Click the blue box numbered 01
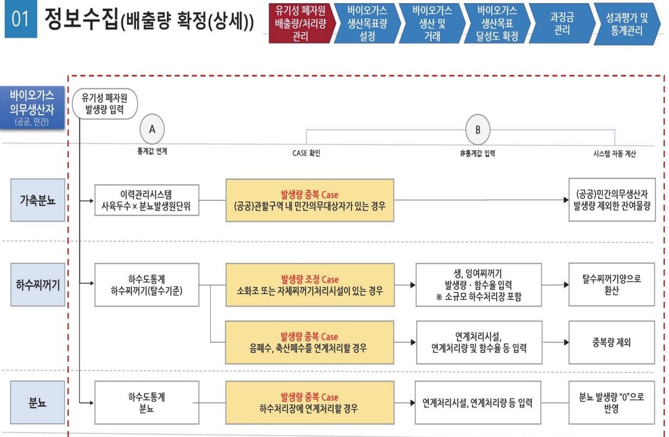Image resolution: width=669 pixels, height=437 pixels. tap(20, 20)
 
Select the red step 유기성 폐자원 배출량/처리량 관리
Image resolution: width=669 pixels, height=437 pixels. tap(299, 24)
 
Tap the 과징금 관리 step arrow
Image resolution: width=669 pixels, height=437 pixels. tap(559, 24)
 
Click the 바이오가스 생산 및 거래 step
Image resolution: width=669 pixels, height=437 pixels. tap(432, 24)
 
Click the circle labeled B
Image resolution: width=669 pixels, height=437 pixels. tap(477, 130)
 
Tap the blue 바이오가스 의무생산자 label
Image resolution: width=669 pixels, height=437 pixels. tap(32, 107)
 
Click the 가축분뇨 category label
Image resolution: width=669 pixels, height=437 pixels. tap(37, 200)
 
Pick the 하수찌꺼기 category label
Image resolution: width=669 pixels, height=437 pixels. tap(37, 285)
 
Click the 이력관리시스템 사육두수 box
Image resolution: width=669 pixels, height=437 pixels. tap(147, 200)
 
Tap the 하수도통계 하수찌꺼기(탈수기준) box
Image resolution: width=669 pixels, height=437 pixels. tap(147, 285)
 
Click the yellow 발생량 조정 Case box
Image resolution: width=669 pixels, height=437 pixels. tap(309, 285)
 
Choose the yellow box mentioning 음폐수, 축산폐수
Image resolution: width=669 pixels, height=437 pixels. tap(309, 342)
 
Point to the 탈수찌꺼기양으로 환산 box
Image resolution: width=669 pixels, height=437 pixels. tap(611, 285)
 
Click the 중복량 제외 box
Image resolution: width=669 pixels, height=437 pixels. tap(611, 342)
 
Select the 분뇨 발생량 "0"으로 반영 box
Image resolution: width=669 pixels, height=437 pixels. tap(611, 402)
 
